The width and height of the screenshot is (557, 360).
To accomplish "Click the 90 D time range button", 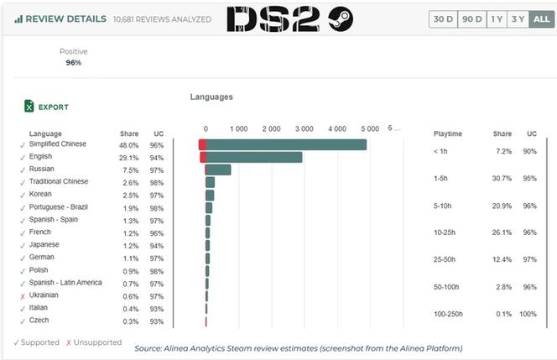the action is [472, 18].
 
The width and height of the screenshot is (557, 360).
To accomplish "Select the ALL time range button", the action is [541, 18].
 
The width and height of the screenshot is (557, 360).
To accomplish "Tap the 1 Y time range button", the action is [497, 18].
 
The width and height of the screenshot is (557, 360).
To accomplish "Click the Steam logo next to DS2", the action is [341, 18].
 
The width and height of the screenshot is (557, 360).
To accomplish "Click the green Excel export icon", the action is [29, 106].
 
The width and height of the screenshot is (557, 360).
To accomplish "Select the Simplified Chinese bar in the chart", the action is [283, 144].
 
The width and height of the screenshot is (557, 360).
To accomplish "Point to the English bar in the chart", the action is [251, 157].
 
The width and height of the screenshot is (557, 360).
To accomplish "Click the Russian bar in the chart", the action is [218, 170].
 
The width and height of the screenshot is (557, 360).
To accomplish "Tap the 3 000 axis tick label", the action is [304, 128].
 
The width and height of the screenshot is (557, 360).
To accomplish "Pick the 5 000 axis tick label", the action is [370, 128].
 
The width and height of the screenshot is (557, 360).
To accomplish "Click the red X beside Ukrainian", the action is [23, 296].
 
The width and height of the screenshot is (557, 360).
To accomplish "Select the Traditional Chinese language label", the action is [59, 181].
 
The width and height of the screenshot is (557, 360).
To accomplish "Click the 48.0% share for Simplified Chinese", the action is [128, 145].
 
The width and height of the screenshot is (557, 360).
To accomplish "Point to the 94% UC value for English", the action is [156, 158].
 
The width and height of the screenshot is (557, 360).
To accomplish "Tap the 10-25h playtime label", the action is [445, 232].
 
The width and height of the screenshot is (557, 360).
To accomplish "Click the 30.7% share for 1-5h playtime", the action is [502, 179].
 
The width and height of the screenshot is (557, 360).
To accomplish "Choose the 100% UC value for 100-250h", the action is [528, 314].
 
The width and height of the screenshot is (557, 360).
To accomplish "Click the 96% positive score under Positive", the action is [74, 63].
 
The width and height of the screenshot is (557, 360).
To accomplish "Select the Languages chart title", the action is [211, 97].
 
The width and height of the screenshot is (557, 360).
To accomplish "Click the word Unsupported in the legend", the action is [97, 342].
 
